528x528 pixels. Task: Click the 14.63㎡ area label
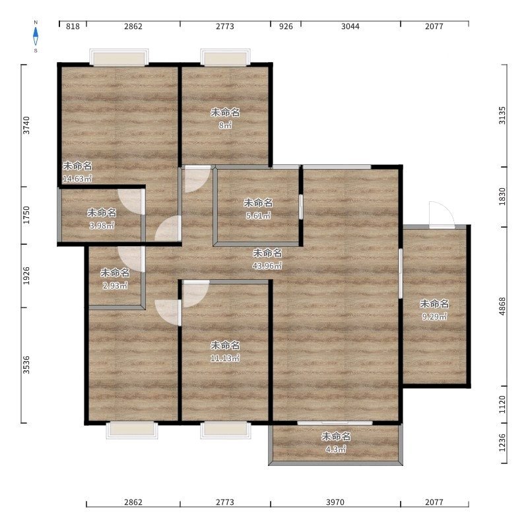click(77, 179)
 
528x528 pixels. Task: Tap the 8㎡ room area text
click(225, 125)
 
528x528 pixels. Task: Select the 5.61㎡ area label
click(258, 216)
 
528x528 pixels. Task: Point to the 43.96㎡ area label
click(267, 266)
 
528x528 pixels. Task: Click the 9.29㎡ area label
click(434, 317)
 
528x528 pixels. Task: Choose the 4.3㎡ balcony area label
click(336, 449)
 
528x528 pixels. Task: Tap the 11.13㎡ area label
click(225, 358)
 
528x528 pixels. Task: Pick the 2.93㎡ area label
click(115, 286)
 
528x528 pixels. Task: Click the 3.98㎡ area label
click(102, 226)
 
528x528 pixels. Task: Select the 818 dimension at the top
click(73, 26)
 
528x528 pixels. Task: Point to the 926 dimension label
click(286, 26)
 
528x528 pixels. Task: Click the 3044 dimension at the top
click(350, 26)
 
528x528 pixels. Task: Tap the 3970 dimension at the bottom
click(335, 502)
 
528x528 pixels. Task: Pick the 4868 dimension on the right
click(502, 306)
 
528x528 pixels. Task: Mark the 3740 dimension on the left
click(26, 125)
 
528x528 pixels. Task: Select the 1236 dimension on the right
click(502, 443)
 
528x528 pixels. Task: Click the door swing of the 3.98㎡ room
click(131, 201)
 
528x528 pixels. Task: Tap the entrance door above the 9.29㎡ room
click(442, 215)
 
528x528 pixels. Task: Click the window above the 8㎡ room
click(225, 57)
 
